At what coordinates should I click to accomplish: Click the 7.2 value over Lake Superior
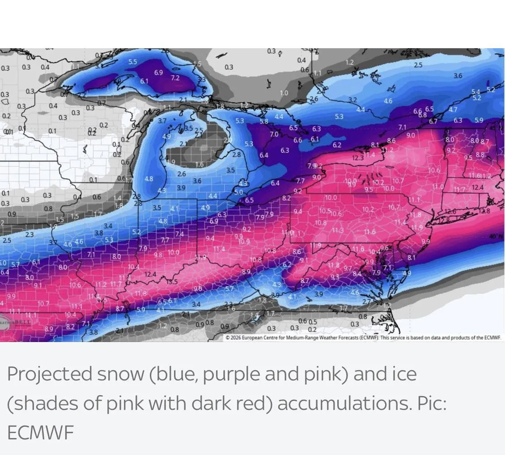point(175,78)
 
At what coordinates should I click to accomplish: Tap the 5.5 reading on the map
point(133,62)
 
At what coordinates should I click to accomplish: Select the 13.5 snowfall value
point(172,282)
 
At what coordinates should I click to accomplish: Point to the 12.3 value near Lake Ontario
point(358,158)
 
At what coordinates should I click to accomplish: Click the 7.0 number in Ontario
point(274,134)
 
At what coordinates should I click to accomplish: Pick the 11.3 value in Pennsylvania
point(338,230)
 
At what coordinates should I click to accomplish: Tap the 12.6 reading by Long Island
point(450,211)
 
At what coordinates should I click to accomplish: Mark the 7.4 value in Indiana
point(179,234)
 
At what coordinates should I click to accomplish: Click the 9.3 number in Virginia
point(335,277)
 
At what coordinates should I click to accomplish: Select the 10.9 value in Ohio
point(244,242)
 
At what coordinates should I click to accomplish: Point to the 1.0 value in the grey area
point(284,93)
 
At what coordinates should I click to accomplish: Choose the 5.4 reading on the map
point(476,92)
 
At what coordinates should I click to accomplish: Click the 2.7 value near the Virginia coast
point(366,302)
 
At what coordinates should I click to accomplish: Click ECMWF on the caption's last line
point(40,433)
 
